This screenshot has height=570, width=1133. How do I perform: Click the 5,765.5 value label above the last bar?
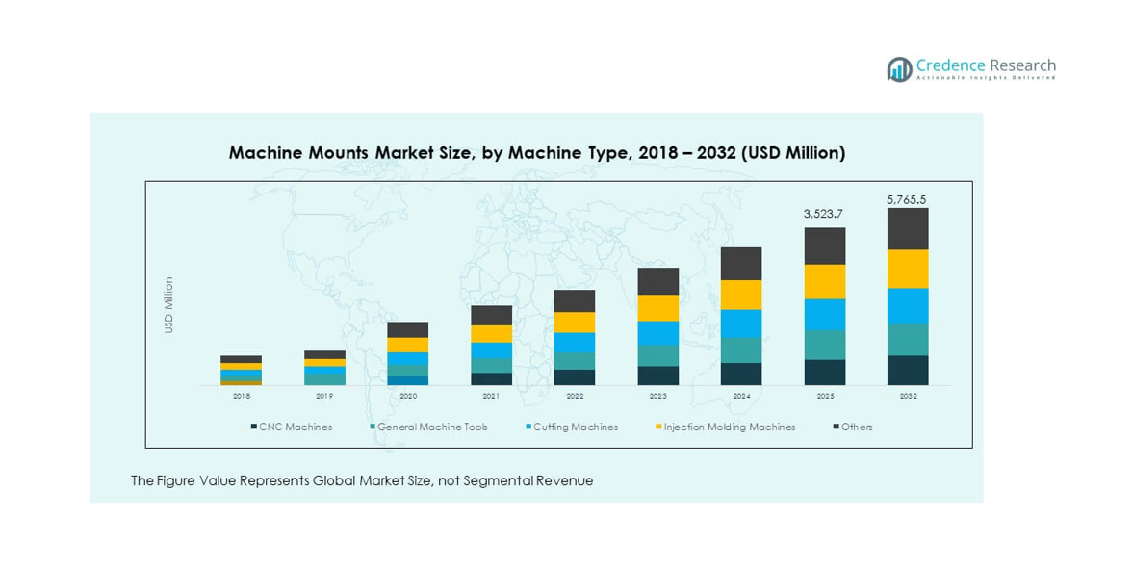[x=907, y=200]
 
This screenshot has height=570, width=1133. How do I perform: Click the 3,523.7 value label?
[x=824, y=214]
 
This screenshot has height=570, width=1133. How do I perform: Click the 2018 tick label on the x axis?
[x=241, y=396]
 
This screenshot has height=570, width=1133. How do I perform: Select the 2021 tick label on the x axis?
[x=491, y=396]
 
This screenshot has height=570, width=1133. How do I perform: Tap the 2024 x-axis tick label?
[x=741, y=396]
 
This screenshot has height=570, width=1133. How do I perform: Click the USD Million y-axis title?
[x=168, y=305]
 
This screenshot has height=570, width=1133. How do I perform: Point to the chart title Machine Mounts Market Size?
[x=536, y=153]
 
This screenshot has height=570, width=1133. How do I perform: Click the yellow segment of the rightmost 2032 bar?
[x=908, y=269]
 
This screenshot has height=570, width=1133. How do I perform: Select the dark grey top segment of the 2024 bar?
[x=741, y=264]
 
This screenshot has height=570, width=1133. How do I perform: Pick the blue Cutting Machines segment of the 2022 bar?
[x=575, y=343]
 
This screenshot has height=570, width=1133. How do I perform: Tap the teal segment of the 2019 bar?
[x=324, y=378]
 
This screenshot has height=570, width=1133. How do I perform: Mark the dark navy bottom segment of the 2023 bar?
[x=658, y=376]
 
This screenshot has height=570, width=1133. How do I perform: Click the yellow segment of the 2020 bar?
[x=408, y=345]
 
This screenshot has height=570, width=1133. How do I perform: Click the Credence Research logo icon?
[x=899, y=68]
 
